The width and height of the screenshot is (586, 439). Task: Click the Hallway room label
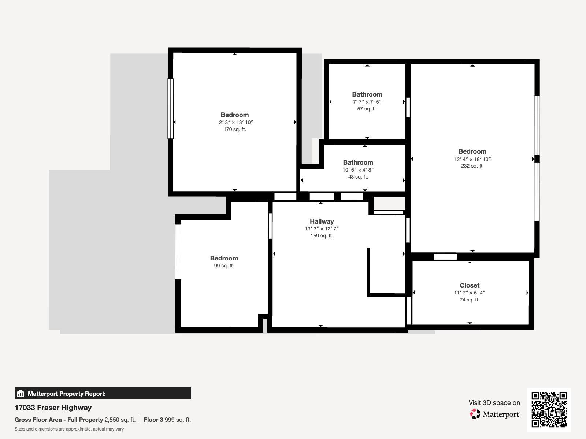click(322, 221)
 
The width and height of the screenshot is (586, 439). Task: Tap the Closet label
click(470, 285)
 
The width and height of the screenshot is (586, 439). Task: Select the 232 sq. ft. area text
click(472, 166)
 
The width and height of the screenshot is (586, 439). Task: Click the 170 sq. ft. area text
click(234, 129)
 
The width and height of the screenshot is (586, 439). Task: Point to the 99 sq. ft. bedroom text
click(224, 266)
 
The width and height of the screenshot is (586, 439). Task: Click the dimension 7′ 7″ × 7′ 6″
click(367, 102)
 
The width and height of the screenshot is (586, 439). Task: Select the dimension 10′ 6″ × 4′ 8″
click(358, 170)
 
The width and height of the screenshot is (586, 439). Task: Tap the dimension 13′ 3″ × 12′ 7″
click(322, 229)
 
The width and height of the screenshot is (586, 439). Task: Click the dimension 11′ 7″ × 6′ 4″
click(470, 293)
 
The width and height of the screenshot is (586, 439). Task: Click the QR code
click(549, 409)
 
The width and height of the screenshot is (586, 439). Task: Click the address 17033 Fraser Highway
click(53, 408)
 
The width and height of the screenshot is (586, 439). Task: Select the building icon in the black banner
click(21, 394)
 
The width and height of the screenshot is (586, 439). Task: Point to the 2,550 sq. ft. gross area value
click(120, 420)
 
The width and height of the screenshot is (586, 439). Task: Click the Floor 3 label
click(153, 420)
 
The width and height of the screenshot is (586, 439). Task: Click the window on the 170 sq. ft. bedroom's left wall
click(170, 109)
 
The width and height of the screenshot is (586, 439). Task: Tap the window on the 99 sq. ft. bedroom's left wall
click(178, 252)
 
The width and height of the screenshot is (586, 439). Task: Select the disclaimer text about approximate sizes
click(69, 429)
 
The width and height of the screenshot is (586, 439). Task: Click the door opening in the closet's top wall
click(445, 257)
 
